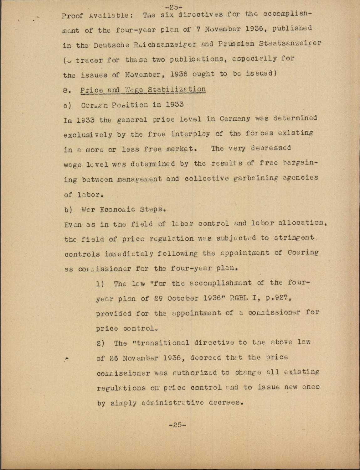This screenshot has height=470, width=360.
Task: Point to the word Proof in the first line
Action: click(72, 16)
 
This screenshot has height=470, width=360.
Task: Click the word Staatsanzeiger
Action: click(290, 43)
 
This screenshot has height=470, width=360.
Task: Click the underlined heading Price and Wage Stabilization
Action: click(143, 90)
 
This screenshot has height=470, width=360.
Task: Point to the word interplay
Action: click(190, 134)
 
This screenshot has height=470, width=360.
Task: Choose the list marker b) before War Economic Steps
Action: click(68, 209)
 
